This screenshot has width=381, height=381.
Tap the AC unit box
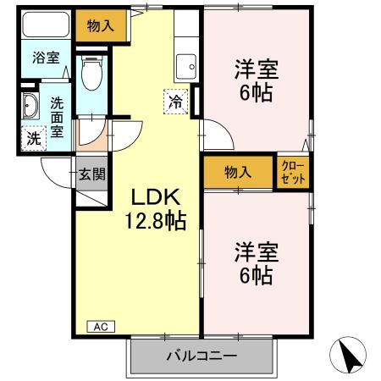pyautogui.click(x=100, y=326)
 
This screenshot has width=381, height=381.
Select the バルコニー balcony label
pyautogui.click(x=202, y=356)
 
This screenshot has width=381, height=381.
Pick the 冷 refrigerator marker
pyautogui.click(x=177, y=101)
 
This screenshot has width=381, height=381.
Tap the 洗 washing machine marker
pyautogui.click(x=32, y=137)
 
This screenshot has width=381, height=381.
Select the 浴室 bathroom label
pyautogui.click(x=46, y=58)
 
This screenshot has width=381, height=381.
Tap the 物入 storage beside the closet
pyautogui.click(x=238, y=171)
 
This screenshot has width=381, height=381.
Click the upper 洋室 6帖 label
pyautogui.click(x=257, y=81)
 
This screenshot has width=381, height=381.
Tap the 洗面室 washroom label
pyautogui.click(x=58, y=118)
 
